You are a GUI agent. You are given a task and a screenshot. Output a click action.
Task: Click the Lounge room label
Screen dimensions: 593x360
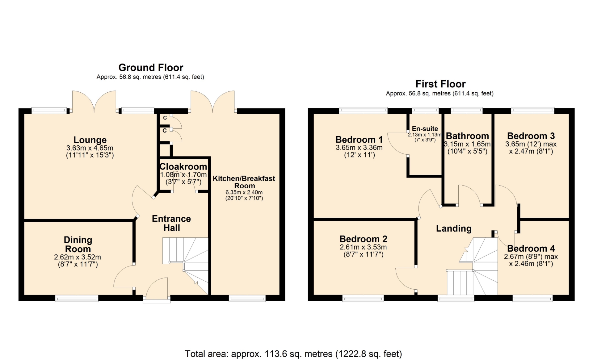click(x=90, y=140)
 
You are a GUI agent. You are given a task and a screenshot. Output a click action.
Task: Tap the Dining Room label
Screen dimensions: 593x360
click(x=78, y=244)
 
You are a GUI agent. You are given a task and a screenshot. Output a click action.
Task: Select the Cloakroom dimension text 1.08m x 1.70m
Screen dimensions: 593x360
click(x=183, y=175)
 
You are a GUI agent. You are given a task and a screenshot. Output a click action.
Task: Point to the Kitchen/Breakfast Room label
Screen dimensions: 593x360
click(x=244, y=182)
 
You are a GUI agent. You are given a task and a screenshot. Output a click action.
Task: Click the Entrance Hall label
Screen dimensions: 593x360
click(x=171, y=223)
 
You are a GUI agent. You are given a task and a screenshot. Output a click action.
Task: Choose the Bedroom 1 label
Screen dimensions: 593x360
click(x=359, y=140)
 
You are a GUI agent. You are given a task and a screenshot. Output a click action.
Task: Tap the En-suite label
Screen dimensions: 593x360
click(x=425, y=129)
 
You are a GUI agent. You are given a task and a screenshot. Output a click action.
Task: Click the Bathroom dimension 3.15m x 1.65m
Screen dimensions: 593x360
click(x=467, y=144)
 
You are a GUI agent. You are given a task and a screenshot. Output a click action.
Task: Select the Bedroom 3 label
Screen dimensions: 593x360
click(x=531, y=136)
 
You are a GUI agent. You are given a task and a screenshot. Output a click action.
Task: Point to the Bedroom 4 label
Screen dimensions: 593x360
click(x=531, y=248)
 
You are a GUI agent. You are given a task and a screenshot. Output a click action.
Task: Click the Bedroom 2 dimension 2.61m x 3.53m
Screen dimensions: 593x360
click(x=363, y=247)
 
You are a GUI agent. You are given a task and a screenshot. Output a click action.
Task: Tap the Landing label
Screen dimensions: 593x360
click(x=454, y=228)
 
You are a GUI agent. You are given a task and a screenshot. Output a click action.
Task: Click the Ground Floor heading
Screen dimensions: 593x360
click(x=151, y=67)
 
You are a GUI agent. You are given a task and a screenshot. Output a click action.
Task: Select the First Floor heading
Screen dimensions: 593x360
click(x=440, y=84)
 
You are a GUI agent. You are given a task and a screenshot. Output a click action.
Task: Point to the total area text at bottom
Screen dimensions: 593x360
click(x=293, y=354)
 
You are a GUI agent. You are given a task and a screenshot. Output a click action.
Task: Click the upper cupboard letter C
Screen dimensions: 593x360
click(x=165, y=118)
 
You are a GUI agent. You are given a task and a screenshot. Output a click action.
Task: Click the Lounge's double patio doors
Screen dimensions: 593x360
click(x=94, y=101)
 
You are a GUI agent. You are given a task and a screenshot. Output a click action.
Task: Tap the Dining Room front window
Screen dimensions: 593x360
click(x=77, y=298)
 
